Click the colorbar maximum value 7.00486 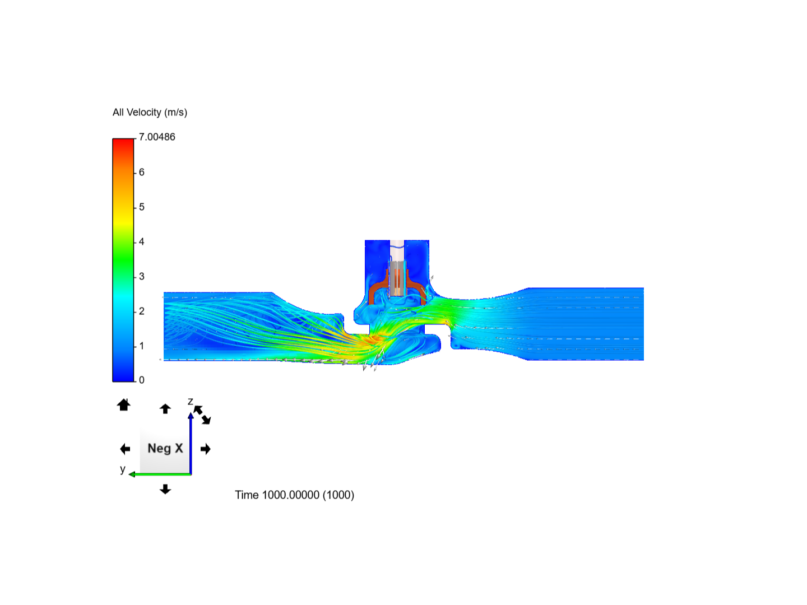157,137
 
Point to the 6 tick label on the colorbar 142,172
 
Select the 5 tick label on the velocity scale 142,207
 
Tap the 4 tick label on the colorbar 142,241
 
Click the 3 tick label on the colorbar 142,276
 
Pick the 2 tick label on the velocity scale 142,311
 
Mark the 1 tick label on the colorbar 142,346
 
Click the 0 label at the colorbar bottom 142,380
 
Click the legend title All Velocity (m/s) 150,113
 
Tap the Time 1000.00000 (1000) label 294,495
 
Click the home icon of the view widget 124,404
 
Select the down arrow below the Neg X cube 165,489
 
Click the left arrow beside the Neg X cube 125,449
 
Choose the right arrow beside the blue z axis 206,449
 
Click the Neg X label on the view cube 165,448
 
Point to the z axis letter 190,402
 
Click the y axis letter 122,469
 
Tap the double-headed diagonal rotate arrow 202,415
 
